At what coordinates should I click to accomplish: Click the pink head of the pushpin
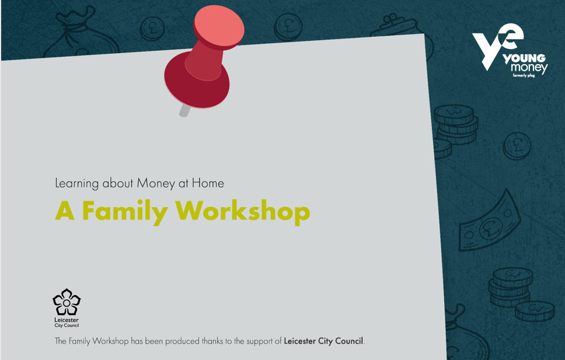(218, 26)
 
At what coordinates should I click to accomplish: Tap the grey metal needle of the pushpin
(184, 111)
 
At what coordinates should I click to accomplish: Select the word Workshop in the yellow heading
(242, 211)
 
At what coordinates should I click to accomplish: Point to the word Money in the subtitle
(156, 184)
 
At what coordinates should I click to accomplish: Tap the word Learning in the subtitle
(76, 184)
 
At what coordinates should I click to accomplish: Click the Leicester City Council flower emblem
(67, 302)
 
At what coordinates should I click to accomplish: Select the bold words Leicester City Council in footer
(323, 341)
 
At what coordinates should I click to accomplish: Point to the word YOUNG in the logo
(524, 58)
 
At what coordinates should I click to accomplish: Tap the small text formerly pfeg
(524, 76)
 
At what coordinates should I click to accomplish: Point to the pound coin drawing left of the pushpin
(152, 29)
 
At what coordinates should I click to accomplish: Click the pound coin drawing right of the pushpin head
(288, 27)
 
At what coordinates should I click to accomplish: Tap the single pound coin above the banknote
(517, 146)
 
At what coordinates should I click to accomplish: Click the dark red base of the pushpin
(197, 83)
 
